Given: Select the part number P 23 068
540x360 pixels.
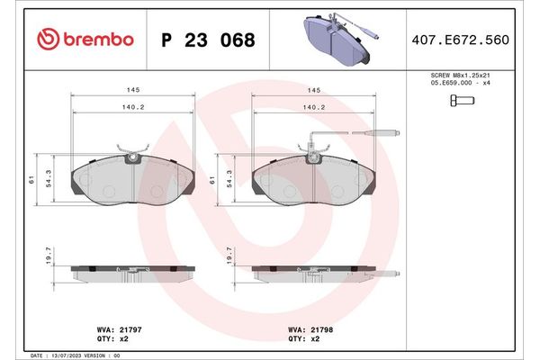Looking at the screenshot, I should pos(207,40).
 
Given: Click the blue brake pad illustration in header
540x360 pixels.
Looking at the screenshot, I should pos(337,40).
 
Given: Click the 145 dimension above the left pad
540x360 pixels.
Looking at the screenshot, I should pos(131,90).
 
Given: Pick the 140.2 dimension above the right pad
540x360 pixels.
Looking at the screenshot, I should pos(313,106).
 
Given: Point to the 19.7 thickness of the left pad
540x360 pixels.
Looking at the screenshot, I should pos(48,257).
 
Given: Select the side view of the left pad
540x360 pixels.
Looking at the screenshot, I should pos(132,274).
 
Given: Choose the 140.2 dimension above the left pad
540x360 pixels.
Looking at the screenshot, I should pos(131,106).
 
